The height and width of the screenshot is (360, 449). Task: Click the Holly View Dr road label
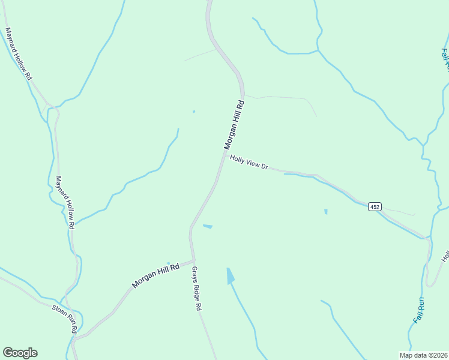click(249, 162)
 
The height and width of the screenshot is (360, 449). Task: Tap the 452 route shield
click(375, 206)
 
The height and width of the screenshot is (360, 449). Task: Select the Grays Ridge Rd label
click(196, 289)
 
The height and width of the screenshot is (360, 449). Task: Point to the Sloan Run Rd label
click(64, 318)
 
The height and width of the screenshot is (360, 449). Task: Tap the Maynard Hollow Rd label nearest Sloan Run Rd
click(65, 202)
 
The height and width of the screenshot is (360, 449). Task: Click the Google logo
click(20, 353)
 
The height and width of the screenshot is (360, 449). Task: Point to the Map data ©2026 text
click(423, 355)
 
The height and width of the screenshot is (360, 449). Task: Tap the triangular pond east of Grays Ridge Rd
click(230, 276)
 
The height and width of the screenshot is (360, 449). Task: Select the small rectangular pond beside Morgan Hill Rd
click(208, 226)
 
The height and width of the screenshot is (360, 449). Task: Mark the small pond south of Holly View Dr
click(326, 211)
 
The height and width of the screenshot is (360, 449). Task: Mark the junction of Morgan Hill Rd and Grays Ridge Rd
click(192, 260)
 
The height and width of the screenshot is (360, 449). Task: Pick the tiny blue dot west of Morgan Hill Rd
click(193, 111)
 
